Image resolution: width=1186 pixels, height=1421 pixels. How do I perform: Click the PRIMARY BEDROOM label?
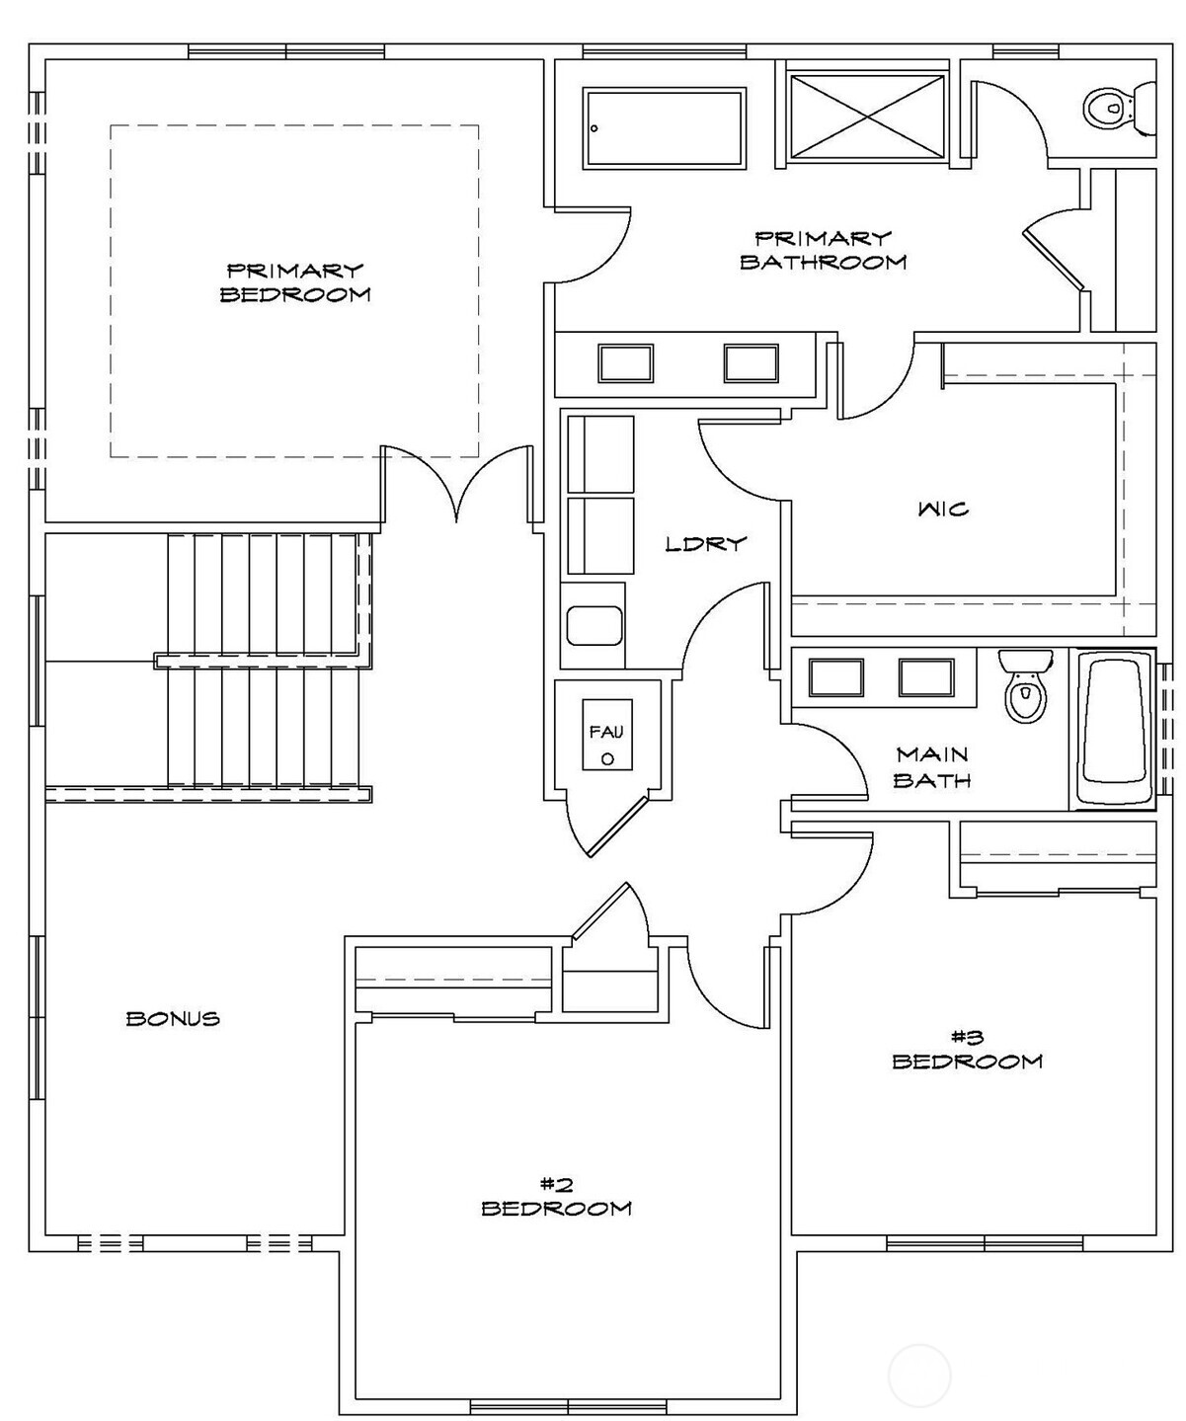click(295, 281)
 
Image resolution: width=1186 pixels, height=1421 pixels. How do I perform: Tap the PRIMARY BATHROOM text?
click(823, 250)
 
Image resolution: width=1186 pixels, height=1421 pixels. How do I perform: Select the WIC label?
click(942, 510)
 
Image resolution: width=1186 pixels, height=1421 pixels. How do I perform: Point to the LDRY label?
click(706, 543)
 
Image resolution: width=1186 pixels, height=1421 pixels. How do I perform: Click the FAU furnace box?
click(606, 735)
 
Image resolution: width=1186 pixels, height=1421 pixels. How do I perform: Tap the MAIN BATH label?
click(932, 767)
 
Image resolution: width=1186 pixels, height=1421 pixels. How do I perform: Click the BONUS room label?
click(173, 1018)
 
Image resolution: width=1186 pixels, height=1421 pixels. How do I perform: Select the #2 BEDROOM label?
click(556, 1196)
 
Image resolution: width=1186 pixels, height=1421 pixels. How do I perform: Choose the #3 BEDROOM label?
click(967, 1049)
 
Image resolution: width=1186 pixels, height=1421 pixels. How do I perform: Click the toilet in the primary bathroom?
click(1119, 107)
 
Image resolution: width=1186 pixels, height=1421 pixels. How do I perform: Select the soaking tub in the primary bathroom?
click(664, 127)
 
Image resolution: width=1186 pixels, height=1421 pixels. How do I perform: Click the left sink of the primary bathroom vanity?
click(625, 362)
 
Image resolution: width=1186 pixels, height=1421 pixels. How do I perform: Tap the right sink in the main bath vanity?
click(925, 677)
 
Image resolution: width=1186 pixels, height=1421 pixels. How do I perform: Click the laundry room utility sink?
click(593, 626)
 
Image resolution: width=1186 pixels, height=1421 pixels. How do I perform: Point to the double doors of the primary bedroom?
click(457, 484)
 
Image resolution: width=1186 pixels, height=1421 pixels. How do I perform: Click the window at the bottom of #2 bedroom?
click(568, 1406)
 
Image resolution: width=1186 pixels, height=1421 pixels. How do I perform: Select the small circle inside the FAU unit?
click(607, 758)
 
